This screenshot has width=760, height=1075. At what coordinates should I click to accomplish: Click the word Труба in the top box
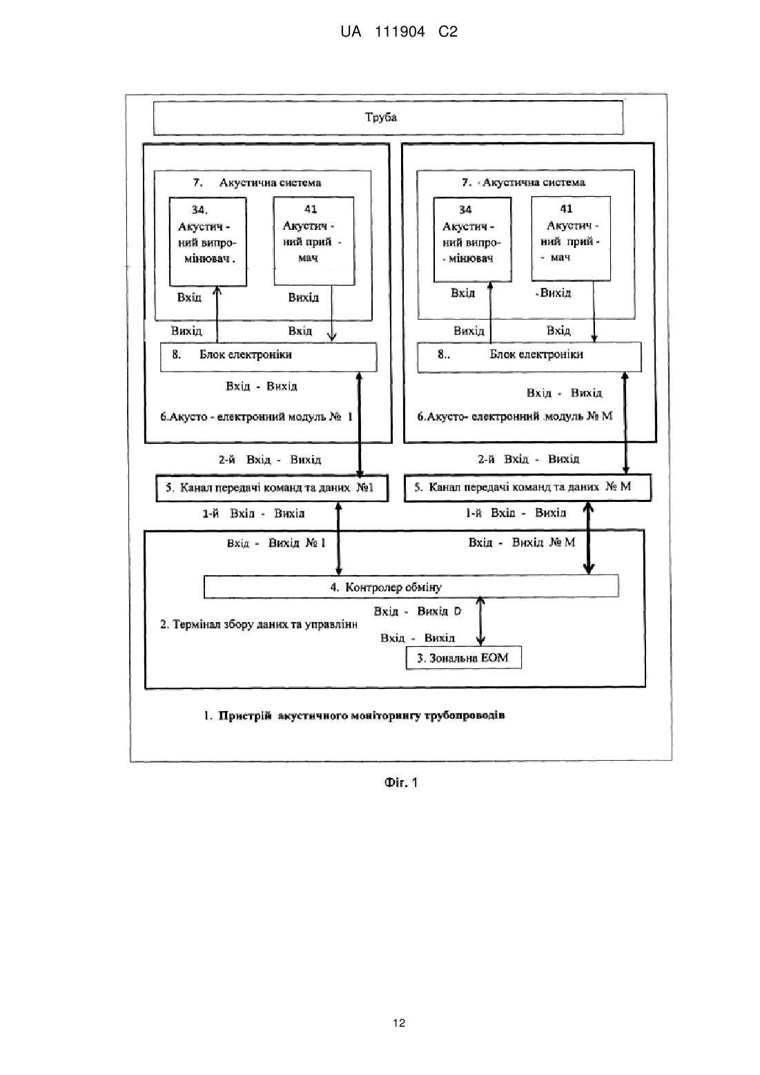click(x=381, y=117)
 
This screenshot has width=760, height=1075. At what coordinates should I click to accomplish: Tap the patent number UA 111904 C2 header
click(x=399, y=32)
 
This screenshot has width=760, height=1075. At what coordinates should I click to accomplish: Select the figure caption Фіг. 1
click(x=400, y=783)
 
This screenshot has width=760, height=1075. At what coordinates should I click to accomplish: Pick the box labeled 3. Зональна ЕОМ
click(x=463, y=657)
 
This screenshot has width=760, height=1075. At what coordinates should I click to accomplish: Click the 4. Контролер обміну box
click(x=411, y=586)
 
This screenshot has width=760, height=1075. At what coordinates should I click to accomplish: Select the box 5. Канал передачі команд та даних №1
click(x=272, y=488)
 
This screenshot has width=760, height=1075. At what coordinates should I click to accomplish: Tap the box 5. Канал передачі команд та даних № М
click(x=528, y=487)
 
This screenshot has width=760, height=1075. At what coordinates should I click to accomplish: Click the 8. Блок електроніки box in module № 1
click(x=269, y=356)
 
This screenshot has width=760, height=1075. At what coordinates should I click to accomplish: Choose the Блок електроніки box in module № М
click(x=529, y=357)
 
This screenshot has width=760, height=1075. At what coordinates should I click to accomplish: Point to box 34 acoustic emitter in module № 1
click(x=208, y=242)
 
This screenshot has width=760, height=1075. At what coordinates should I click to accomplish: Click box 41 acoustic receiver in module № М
click(x=571, y=238)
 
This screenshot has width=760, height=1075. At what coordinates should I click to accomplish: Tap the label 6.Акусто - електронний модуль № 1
click(x=257, y=416)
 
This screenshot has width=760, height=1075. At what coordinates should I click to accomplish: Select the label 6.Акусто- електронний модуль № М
click(x=514, y=416)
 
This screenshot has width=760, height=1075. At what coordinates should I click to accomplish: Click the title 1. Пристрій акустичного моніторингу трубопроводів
click(x=354, y=715)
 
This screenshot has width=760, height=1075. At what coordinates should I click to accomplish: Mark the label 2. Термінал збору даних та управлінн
click(x=259, y=624)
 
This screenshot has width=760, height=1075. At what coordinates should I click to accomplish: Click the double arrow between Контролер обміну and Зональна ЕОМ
click(x=480, y=621)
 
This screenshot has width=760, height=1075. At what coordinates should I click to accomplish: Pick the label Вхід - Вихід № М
click(x=522, y=542)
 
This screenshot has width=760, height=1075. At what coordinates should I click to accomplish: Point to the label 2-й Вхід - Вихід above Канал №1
click(x=270, y=460)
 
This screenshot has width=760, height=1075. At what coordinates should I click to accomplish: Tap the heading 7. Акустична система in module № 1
click(x=257, y=183)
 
